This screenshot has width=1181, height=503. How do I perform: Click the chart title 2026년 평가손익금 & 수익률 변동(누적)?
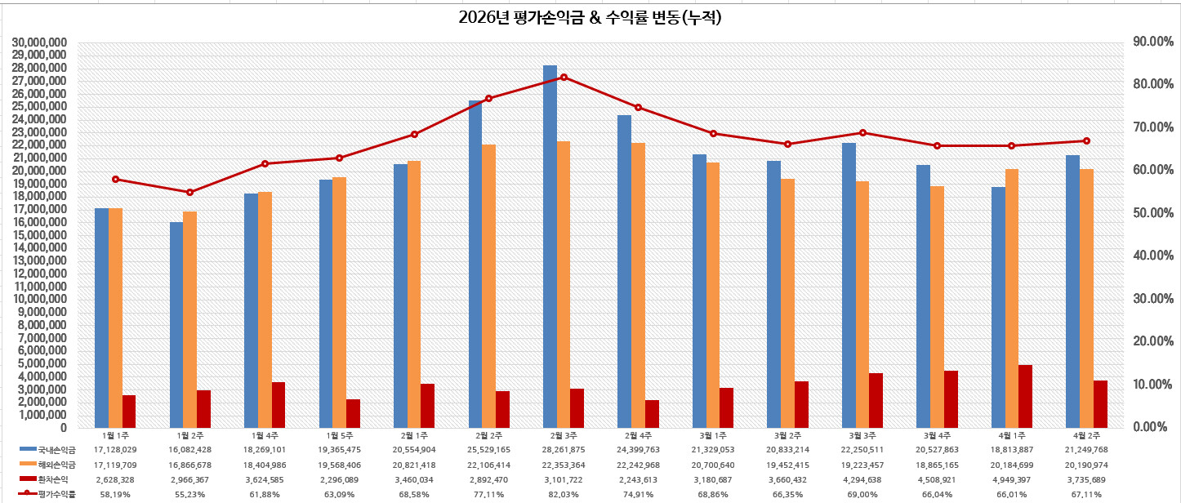590,17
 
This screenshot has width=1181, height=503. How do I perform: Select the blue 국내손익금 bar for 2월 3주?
550,245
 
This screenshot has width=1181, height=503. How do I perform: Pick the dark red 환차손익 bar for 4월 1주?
1026,396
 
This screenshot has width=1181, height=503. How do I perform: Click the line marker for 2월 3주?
564,77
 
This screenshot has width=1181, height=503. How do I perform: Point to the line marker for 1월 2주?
190,193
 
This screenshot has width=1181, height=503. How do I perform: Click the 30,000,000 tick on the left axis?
40,42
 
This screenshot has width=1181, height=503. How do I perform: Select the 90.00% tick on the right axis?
1152,42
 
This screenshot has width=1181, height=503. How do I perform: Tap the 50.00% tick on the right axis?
1152,213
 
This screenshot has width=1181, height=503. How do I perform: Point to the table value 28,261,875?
564,450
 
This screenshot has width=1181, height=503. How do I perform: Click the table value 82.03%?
564,494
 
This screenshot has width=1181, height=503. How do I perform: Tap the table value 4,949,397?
1012,479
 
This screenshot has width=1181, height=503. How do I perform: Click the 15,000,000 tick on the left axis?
40,235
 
